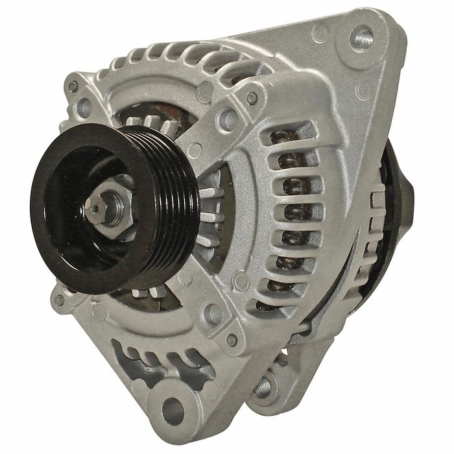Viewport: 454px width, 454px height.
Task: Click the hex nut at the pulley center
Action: coord(111,203)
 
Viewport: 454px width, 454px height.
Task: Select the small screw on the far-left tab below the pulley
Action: coord(60,300)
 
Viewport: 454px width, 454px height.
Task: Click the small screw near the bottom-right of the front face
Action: coord(232,340)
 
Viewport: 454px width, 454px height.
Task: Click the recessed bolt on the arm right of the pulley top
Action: coord(227,117)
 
